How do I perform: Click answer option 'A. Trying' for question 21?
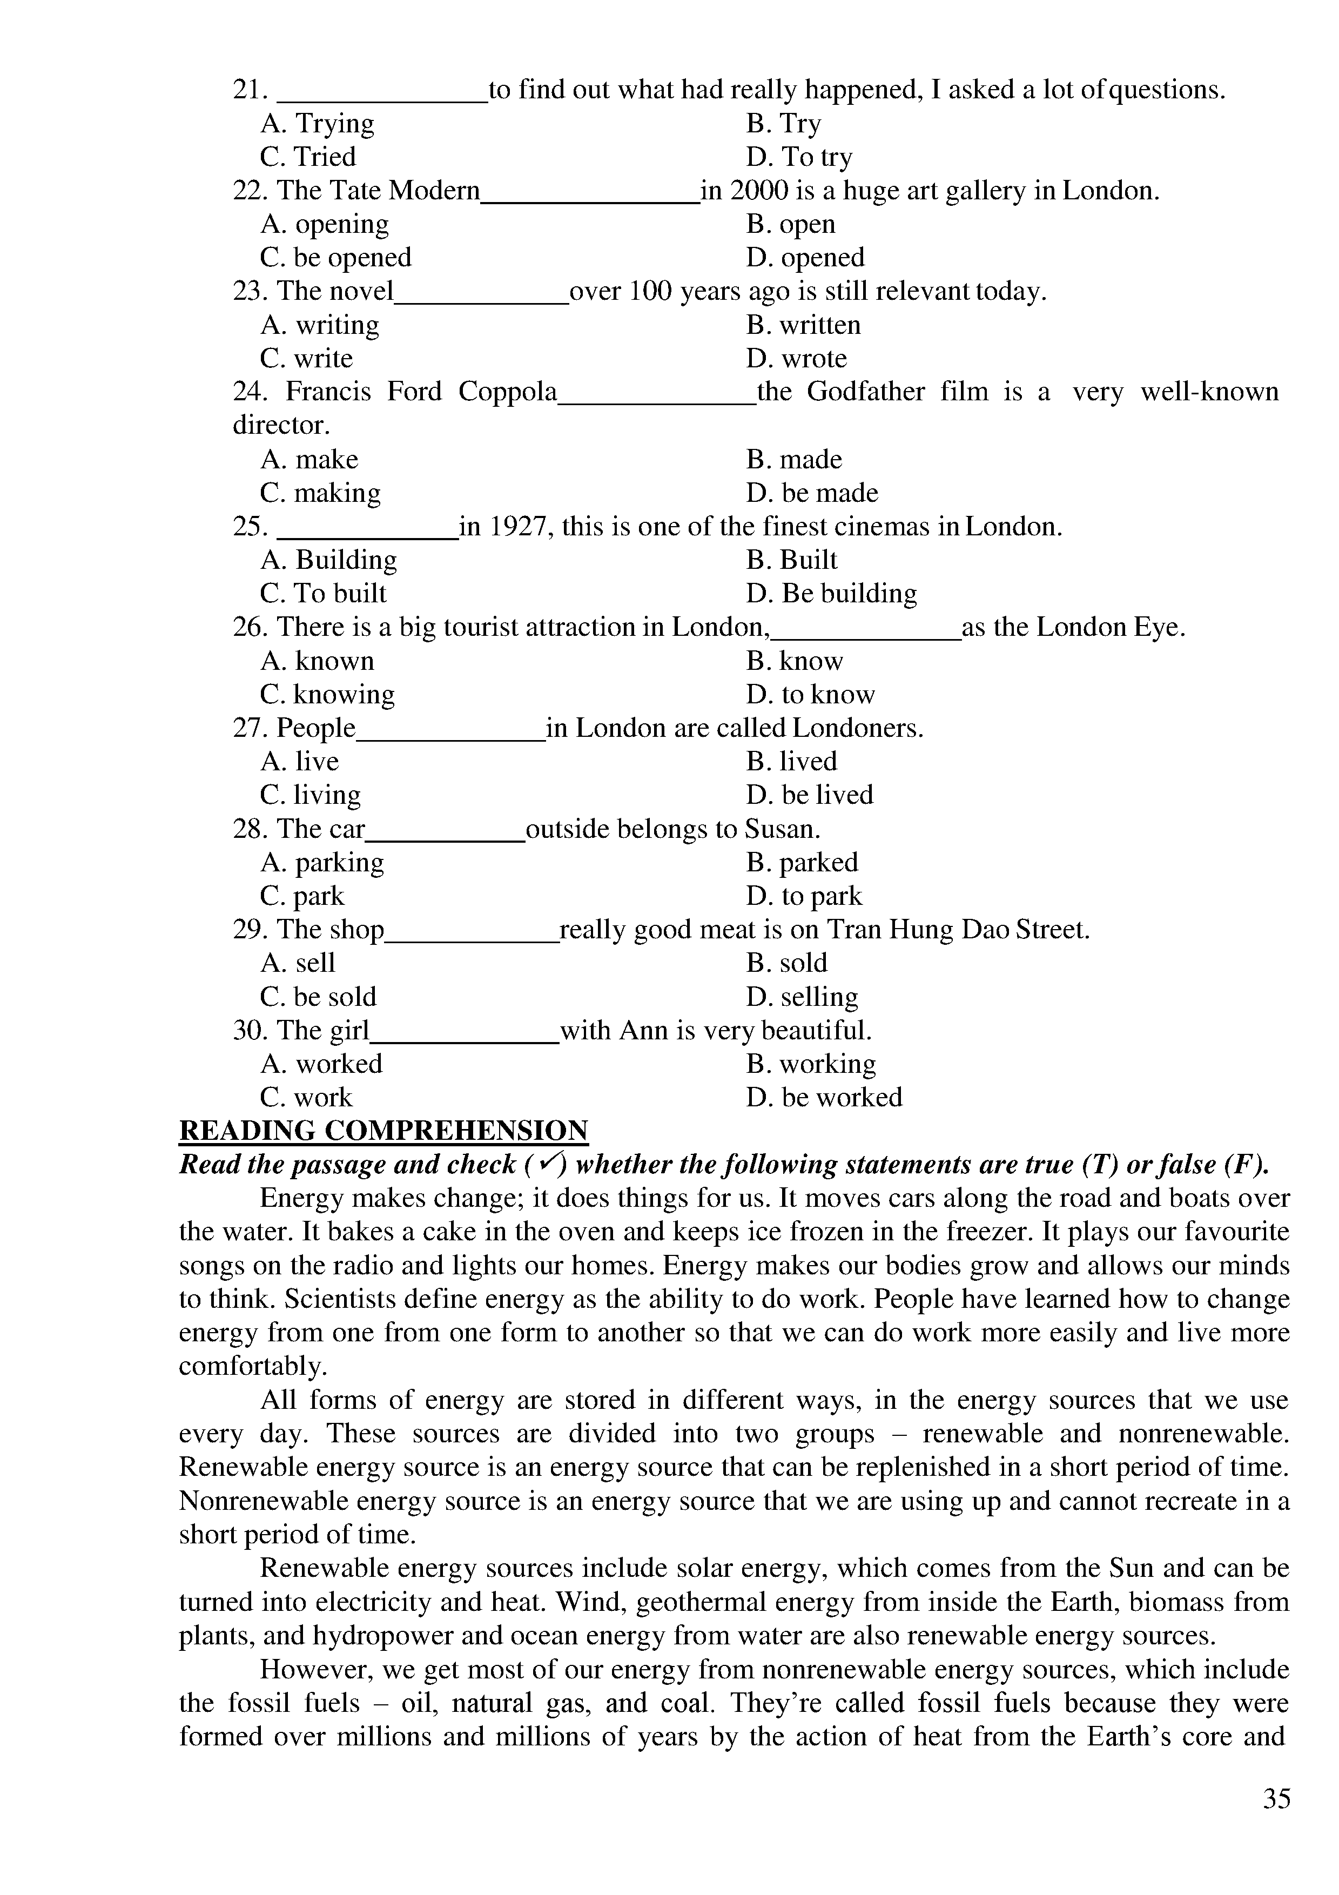(318, 124)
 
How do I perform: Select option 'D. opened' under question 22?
(805, 258)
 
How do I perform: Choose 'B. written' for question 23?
(804, 325)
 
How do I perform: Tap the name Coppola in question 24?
(507, 391)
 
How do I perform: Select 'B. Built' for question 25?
(792, 560)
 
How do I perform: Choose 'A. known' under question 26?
(318, 661)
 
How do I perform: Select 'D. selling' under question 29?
(802, 997)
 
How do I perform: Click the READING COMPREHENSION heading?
(383, 1131)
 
